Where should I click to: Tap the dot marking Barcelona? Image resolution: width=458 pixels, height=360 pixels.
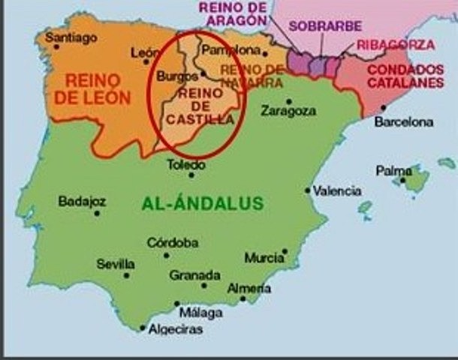384,107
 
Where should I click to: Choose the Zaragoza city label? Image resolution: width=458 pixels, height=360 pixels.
288,111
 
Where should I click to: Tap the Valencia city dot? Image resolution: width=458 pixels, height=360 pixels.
308,190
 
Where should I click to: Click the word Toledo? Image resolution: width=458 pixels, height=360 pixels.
185,164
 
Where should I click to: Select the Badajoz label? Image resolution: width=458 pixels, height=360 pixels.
82,201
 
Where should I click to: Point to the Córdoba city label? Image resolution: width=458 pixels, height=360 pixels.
173,242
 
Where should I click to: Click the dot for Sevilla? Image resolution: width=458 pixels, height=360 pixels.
127,275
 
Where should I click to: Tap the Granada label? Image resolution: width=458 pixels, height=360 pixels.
194,274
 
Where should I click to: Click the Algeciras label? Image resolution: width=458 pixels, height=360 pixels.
174,328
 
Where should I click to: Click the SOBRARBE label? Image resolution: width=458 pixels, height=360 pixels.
314,25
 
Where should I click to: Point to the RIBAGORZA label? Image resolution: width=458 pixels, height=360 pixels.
395,44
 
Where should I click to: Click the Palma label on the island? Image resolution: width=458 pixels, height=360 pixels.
393,171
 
